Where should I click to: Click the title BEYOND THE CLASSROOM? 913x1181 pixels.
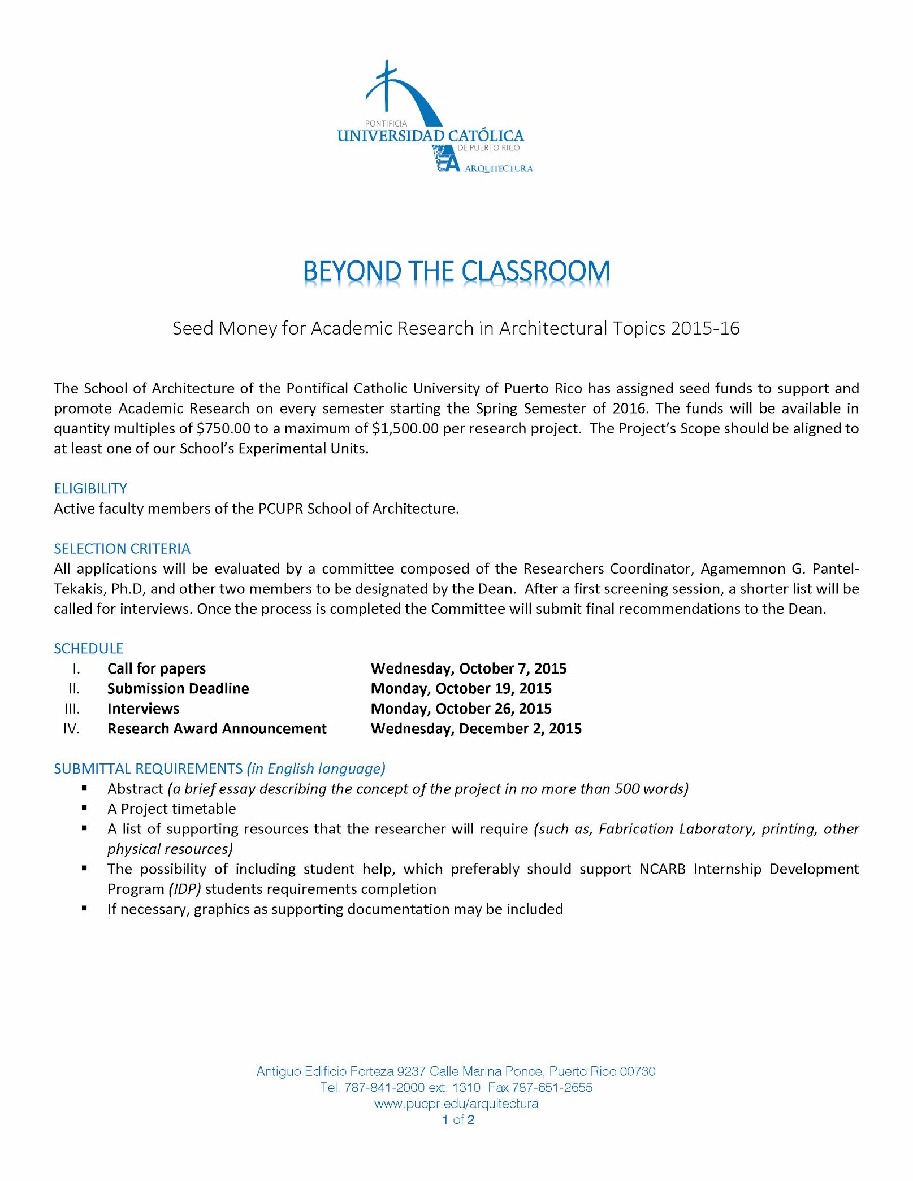tap(456, 272)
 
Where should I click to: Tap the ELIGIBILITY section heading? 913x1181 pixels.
tap(90, 488)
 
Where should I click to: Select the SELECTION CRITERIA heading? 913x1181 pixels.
tap(122, 549)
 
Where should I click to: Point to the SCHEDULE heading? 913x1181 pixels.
tap(88, 648)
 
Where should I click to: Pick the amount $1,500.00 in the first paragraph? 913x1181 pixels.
tap(405, 428)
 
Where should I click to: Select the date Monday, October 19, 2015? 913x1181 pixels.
tap(461, 688)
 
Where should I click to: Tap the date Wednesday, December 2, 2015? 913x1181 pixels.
tap(476, 728)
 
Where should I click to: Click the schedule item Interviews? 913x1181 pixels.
tap(143, 709)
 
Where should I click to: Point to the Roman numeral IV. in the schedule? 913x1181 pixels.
tap(72, 728)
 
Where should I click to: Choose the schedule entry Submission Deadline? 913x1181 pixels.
tap(178, 688)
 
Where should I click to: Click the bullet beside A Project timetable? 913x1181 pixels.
tap(84, 808)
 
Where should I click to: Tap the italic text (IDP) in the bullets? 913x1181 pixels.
tap(185, 889)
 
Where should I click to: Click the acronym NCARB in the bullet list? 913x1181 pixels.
tap(662, 869)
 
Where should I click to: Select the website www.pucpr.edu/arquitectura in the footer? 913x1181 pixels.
tap(456, 1104)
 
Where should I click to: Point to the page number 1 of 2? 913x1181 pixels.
tap(458, 1120)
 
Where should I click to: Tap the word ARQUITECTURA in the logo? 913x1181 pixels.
tap(499, 169)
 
